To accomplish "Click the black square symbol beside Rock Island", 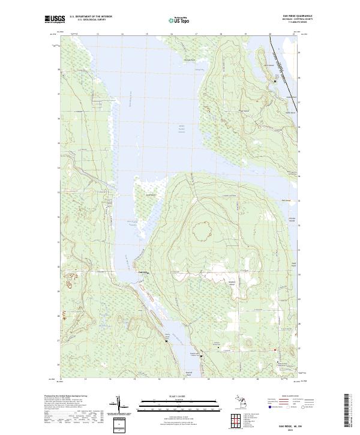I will pyautogui.click(x=275, y=80).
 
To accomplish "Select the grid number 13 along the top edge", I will pyautogui.click(x=97, y=35).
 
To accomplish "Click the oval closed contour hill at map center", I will pyautogui.click(x=201, y=230).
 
